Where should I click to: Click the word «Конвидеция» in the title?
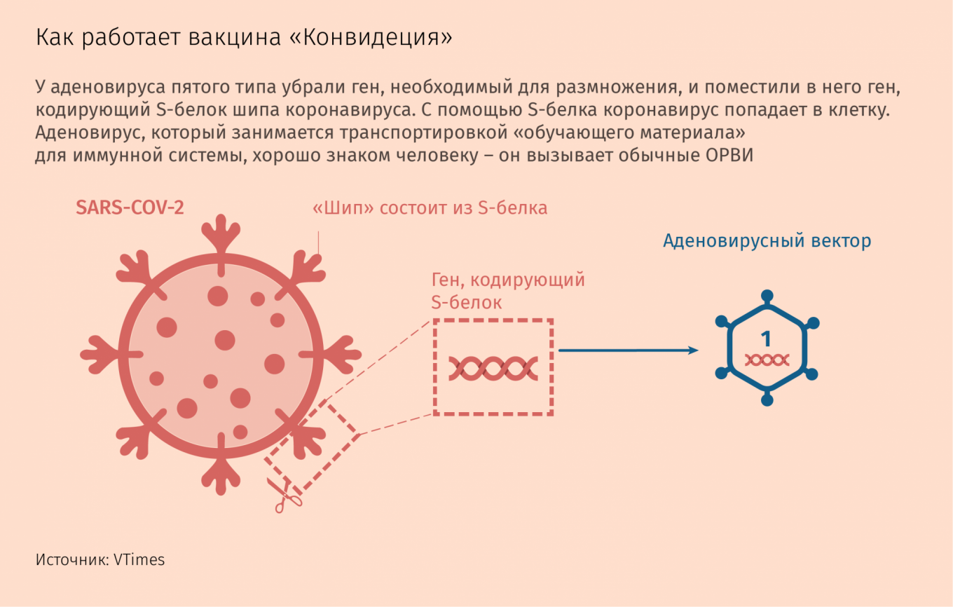point(371,37)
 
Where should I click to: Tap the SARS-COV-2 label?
point(130,207)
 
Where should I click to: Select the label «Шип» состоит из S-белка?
point(430,208)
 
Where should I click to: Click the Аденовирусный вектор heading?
point(767,241)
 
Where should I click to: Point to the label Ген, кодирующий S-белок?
point(508,291)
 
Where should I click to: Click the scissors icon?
point(284,495)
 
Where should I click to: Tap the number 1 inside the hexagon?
point(766,339)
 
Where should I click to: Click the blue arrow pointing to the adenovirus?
point(629,350)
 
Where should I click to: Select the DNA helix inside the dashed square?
point(493,368)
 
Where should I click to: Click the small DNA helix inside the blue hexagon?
point(767,360)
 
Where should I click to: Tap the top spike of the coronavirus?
point(221,238)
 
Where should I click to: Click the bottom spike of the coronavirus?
point(221,470)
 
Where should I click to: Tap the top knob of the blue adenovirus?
point(767,296)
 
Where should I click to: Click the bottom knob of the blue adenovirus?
point(767,400)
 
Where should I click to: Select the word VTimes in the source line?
point(139,560)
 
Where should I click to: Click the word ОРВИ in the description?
point(729,156)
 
